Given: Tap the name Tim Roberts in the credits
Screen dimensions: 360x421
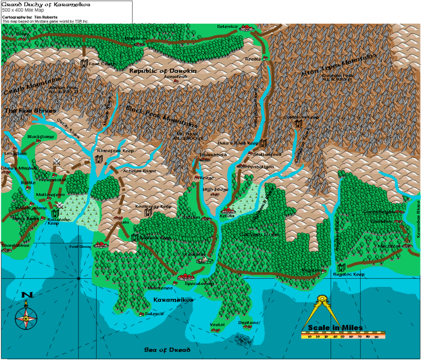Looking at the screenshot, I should (x=40, y=17).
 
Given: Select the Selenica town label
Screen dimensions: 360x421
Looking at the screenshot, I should (x=227, y=27).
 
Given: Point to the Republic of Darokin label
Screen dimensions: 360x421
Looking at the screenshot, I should (x=163, y=71).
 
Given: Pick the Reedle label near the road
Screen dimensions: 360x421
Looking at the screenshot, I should (x=253, y=59).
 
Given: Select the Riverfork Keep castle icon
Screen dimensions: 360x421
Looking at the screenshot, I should (x=99, y=159).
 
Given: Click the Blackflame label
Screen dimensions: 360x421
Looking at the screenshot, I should (x=38, y=136).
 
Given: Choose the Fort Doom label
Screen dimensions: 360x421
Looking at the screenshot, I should (x=79, y=247).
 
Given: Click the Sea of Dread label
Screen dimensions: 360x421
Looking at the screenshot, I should (x=167, y=350).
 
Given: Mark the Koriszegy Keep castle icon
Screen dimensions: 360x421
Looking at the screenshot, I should (x=148, y=212).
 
